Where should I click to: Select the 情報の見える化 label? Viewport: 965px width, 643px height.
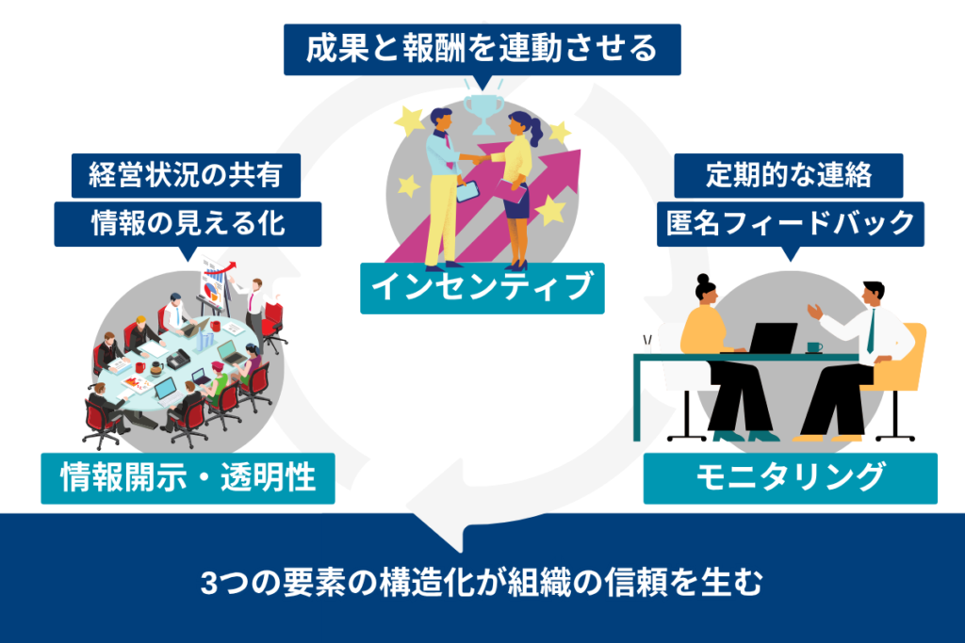(188, 223)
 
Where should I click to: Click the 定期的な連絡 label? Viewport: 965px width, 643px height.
(789, 175)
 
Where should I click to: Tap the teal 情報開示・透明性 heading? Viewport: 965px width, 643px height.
(188, 479)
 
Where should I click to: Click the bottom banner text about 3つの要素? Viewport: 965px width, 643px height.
(481, 583)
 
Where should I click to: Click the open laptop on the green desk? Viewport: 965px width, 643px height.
(772, 338)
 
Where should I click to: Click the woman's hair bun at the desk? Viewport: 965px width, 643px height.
(701, 281)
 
